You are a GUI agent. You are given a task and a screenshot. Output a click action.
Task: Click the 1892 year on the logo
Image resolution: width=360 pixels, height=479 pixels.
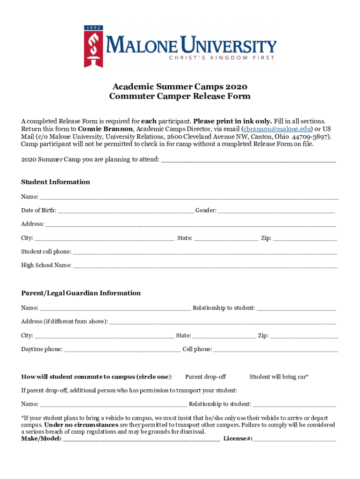[x=93, y=28]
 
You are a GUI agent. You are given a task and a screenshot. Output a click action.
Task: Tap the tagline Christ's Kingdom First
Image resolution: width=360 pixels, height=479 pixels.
[x=222, y=58]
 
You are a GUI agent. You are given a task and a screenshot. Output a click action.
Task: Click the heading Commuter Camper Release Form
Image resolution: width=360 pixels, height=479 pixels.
[x=180, y=96]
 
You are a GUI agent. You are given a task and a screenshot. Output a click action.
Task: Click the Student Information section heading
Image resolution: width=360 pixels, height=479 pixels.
[x=56, y=182]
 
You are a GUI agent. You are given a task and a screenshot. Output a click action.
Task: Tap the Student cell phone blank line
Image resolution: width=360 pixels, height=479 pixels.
[x=205, y=253]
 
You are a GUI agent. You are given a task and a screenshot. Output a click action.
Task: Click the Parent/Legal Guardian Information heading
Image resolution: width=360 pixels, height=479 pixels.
[x=81, y=293]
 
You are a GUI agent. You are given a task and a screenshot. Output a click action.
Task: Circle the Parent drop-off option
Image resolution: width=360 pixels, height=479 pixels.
[x=206, y=377]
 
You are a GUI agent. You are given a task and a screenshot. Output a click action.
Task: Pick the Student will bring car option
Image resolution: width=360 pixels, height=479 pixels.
[x=279, y=377]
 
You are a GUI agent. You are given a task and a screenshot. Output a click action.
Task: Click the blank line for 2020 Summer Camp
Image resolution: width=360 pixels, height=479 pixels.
[x=248, y=160]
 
